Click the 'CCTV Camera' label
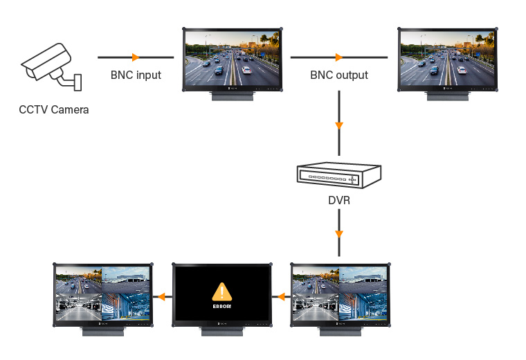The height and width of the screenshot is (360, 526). click(x=54, y=109)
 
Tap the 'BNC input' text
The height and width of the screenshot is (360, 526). click(x=136, y=75)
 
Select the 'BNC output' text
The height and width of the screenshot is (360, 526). click(x=338, y=75)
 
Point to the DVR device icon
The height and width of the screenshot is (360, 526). click(x=338, y=176)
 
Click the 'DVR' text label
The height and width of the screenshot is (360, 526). click(x=338, y=202)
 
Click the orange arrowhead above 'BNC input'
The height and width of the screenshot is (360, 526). click(x=136, y=57)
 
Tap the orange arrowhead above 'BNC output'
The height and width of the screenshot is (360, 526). click(x=338, y=57)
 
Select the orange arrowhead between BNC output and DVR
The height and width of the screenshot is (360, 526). click(x=338, y=126)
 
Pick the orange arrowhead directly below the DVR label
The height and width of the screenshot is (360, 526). click(x=338, y=233)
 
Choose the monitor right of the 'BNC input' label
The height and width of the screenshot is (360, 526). click(x=233, y=60)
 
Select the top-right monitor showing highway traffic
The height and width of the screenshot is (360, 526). click(x=448, y=60)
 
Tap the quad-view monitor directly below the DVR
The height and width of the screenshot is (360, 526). click(x=340, y=294)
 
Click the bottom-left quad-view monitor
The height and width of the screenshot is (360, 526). click(x=102, y=294)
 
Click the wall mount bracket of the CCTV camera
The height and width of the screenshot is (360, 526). click(x=75, y=82)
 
